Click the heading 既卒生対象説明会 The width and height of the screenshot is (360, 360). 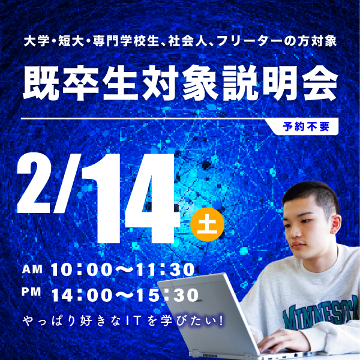pyautogui.click(x=179, y=84)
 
